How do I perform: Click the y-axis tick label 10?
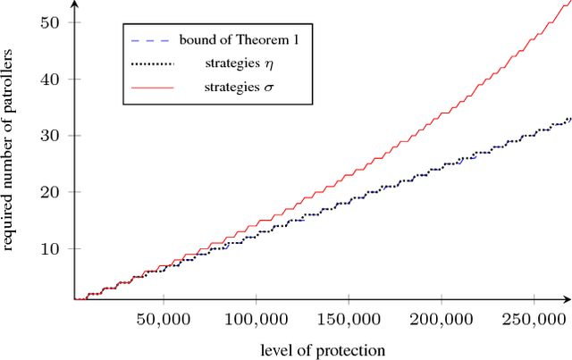click(x=56, y=248)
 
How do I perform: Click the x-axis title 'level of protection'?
click(x=324, y=349)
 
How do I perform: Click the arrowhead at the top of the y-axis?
click(x=74, y=4)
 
